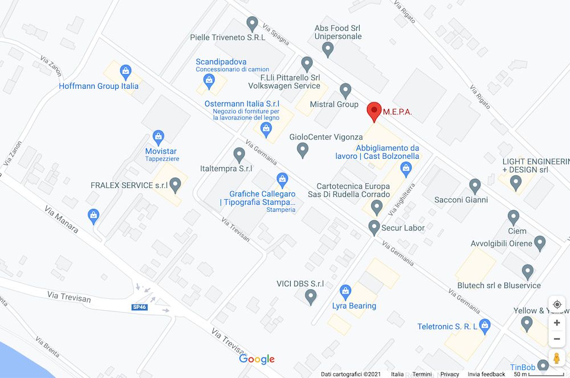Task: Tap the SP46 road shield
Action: pyautogui.click(x=139, y=307)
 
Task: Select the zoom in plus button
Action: pyautogui.click(x=557, y=323)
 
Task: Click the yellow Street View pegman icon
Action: pyautogui.click(x=557, y=358)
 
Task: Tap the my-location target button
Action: pyautogui.click(x=557, y=305)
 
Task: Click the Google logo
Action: pyautogui.click(x=256, y=359)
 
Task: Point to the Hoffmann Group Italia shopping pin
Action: pyautogui.click(x=125, y=72)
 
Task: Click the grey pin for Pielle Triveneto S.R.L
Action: pyautogui.click(x=253, y=24)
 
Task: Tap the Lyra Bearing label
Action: pyautogui.click(x=355, y=306)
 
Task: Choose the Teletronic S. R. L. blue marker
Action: pyautogui.click(x=485, y=326)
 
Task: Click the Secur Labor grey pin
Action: pyautogui.click(x=374, y=227)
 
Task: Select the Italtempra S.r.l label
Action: pyautogui.click(x=226, y=169)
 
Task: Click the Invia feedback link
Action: pyautogui.click(x=486, y=374)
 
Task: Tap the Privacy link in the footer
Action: pyautogui.click(x=450, y=374)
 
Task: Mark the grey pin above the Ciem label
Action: pyautogui.click(x=514, y=217)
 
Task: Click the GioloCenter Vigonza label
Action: pyautogui.click(x=326, y=137)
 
